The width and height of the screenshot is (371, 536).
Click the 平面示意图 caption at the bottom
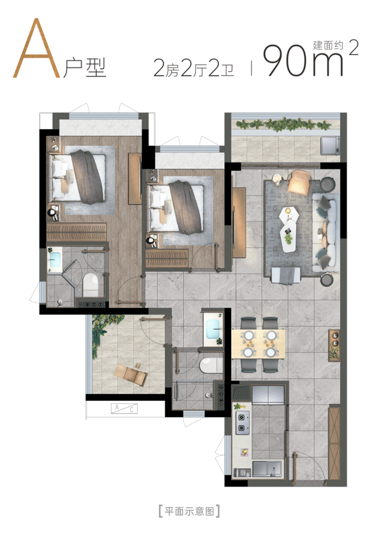189,511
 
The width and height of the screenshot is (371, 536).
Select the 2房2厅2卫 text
193,68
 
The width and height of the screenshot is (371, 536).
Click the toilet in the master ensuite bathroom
91,284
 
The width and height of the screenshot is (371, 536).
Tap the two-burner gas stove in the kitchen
242,423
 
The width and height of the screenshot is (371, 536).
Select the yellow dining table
258,344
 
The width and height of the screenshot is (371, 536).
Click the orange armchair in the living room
299,182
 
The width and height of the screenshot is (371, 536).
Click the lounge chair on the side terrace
131,375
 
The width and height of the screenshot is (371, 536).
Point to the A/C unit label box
125,409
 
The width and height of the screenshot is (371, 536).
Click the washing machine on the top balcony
330,145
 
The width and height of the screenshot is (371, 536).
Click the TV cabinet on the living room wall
239,223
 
